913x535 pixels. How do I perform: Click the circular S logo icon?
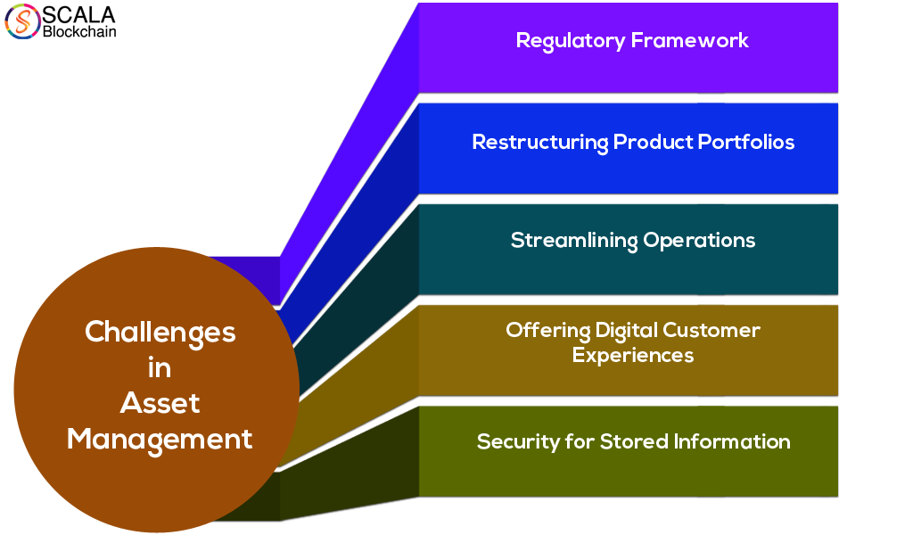click(x=22, y=21)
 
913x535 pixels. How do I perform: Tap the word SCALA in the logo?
click(x=78, y=14)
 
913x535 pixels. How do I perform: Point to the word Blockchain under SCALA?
click(x=79, y=32)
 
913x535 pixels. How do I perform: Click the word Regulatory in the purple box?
click(x=571, y=41)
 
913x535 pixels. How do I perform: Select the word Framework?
click(x=690, y=40)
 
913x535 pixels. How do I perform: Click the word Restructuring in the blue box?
click(x=540, y=143)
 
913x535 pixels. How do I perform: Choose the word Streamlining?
click(x=574, y=241)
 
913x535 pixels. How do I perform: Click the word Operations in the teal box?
click(x=699, y=241)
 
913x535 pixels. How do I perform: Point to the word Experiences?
click(x=633, y=356)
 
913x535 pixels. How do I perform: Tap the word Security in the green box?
click(x=519, y=442)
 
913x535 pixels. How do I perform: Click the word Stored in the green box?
click(x=634, y=441)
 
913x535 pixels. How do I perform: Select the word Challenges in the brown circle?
click(x=160, y=333)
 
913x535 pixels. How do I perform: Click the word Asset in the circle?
click(x=160, y=403)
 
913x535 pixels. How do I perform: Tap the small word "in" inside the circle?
click(x=160, y=368)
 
